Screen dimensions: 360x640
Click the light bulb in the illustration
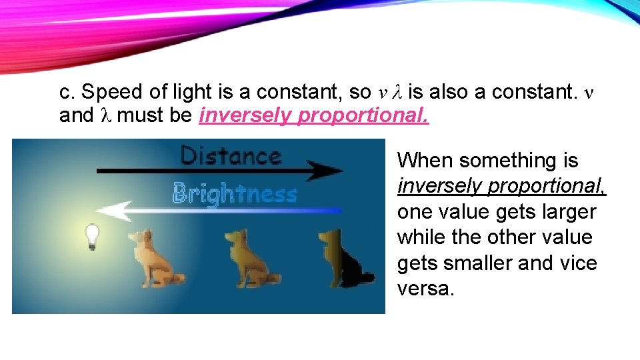click(91, 235)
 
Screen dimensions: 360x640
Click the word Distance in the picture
click(230, 156)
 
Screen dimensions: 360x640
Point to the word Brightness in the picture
click(235, 195)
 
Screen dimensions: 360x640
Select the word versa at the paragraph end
click(425, 289)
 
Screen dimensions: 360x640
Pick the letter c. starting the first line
click(66, 92)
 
